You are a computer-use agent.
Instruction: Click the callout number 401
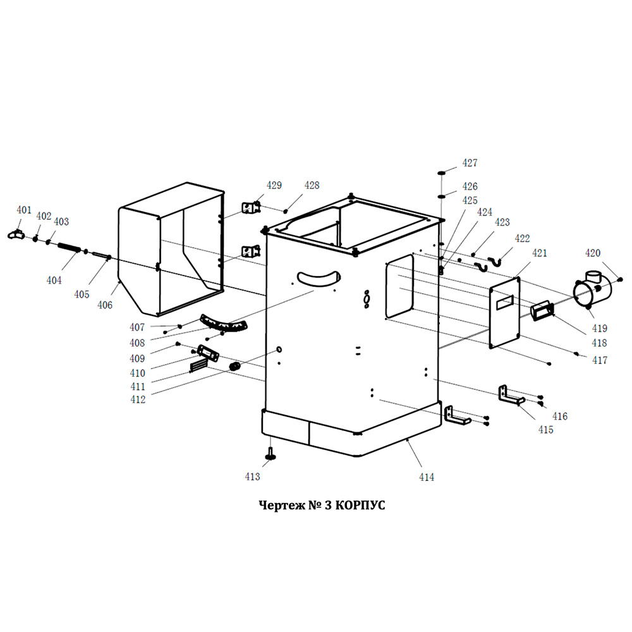pos(24,210)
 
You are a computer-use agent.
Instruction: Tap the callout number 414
pos(427,477)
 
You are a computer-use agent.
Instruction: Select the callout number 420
pos(592,253)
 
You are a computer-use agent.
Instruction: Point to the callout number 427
pos(470,163)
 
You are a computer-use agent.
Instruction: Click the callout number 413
pos(252,477)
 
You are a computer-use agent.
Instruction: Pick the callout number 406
pos(104,305)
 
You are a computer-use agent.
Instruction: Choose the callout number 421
pos(538,253)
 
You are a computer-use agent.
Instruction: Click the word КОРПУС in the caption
pos(359,506)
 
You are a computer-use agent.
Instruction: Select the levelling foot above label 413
pos(271,453)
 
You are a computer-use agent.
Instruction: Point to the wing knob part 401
pos(14,234)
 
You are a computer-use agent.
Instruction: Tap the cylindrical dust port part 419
pos(592,292)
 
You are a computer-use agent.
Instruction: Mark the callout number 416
pos(560,416)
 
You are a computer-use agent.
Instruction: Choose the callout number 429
pos(274,186)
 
